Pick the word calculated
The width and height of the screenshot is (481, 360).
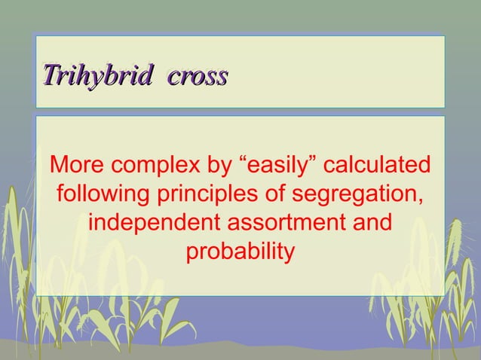(x=379, y=164)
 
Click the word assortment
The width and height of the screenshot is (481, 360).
(x=290, y=224)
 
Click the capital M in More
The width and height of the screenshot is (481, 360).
(x=57, y=164)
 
